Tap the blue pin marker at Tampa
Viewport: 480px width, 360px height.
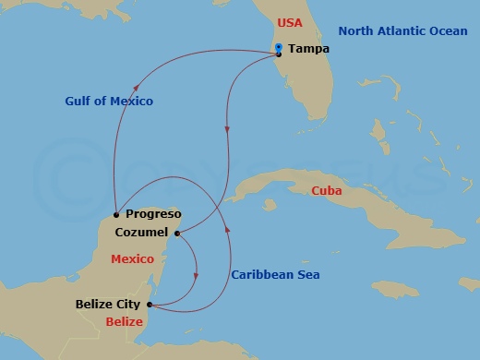[x=279, y=47]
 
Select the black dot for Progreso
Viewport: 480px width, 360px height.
[x=115, y=213]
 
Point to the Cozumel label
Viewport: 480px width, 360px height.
[x=141, y=234]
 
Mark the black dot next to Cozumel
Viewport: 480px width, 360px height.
[x=176, y=234]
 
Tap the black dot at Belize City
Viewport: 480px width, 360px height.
[x=150, y=303]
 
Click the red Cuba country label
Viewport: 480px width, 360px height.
[x=327, y=191]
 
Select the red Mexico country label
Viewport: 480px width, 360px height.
[x=132, y=259]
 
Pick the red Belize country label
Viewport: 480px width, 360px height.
[x=125, y=322]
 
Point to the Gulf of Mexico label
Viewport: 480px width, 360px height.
[x=109, y=101]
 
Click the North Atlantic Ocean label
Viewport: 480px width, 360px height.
[x=402, y=30]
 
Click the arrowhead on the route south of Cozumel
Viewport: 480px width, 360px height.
[x=197, y=274]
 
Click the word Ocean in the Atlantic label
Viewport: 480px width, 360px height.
[x=446, y=30]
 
